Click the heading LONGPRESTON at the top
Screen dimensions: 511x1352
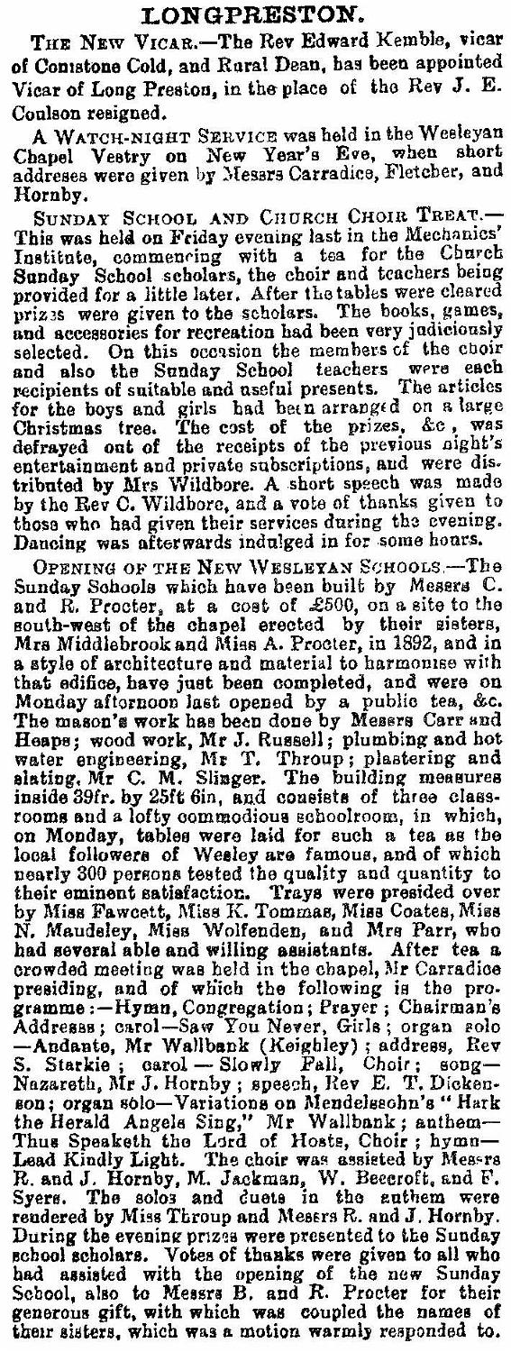click(x=255, y=15)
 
